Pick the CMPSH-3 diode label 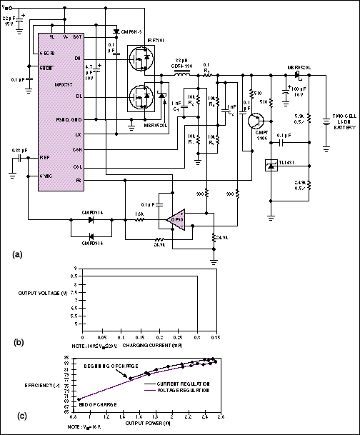133,32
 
